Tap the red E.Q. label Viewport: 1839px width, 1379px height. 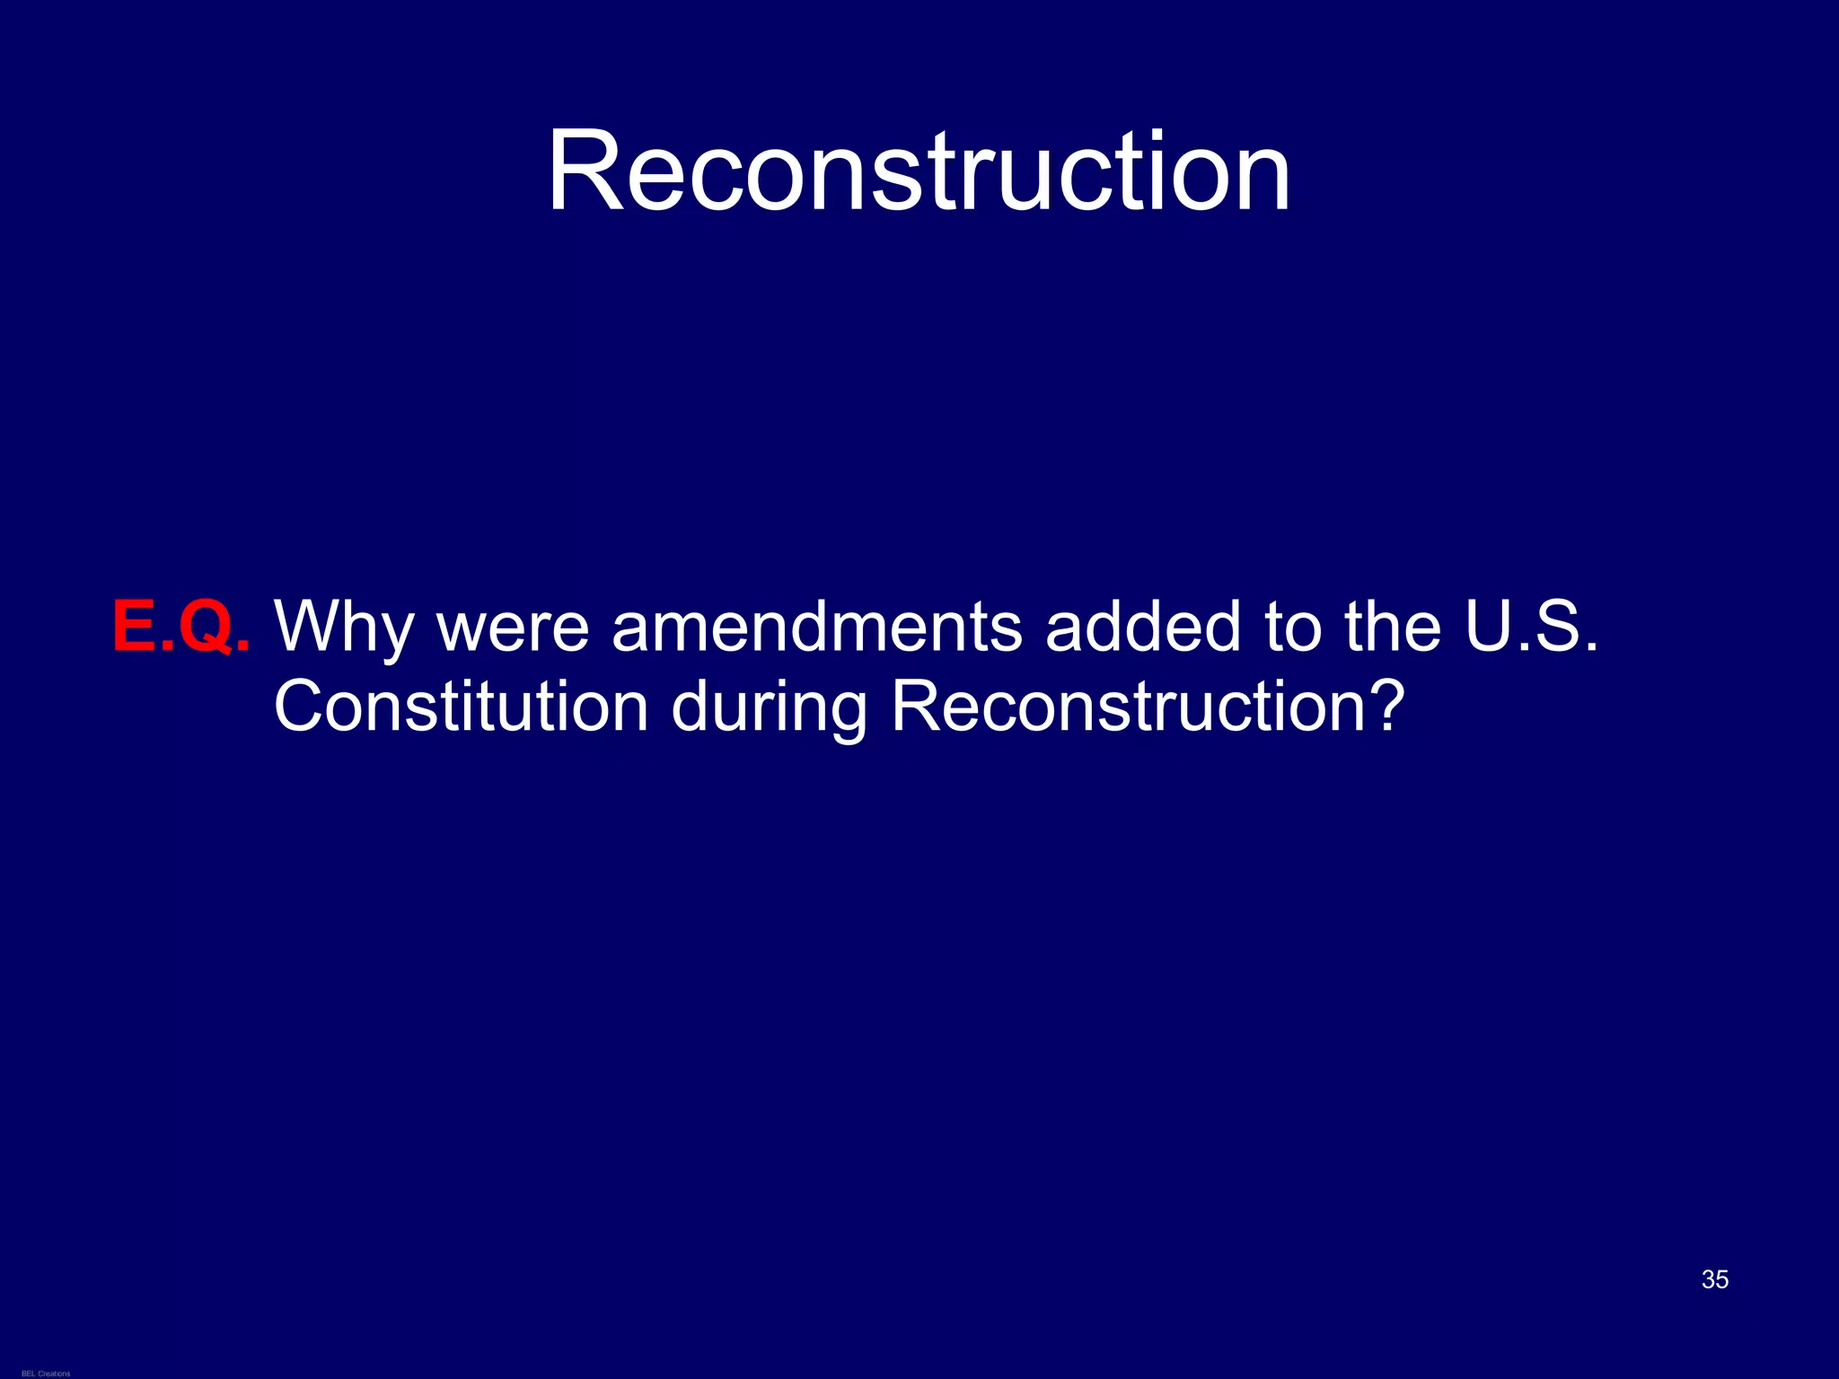pos(181,626)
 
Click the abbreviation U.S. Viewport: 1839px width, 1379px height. pos(1532,626)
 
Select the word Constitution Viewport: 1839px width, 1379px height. pos(461,707)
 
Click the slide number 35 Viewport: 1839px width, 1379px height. pos(1714,1279)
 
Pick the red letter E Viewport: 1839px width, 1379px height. pos(134,626)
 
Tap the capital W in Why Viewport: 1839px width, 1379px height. pos(310,626)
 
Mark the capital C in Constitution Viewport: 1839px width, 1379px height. pos(300,707)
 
